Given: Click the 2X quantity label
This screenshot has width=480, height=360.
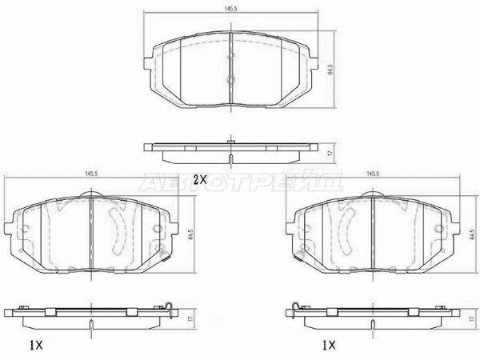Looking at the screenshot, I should point(201,179).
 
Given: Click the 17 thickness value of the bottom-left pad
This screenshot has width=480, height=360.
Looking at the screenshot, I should point(191,317).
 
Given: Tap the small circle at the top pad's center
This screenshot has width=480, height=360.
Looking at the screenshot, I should point(230,80).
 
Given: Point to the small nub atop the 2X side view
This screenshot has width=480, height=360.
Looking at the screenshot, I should point(230,142).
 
